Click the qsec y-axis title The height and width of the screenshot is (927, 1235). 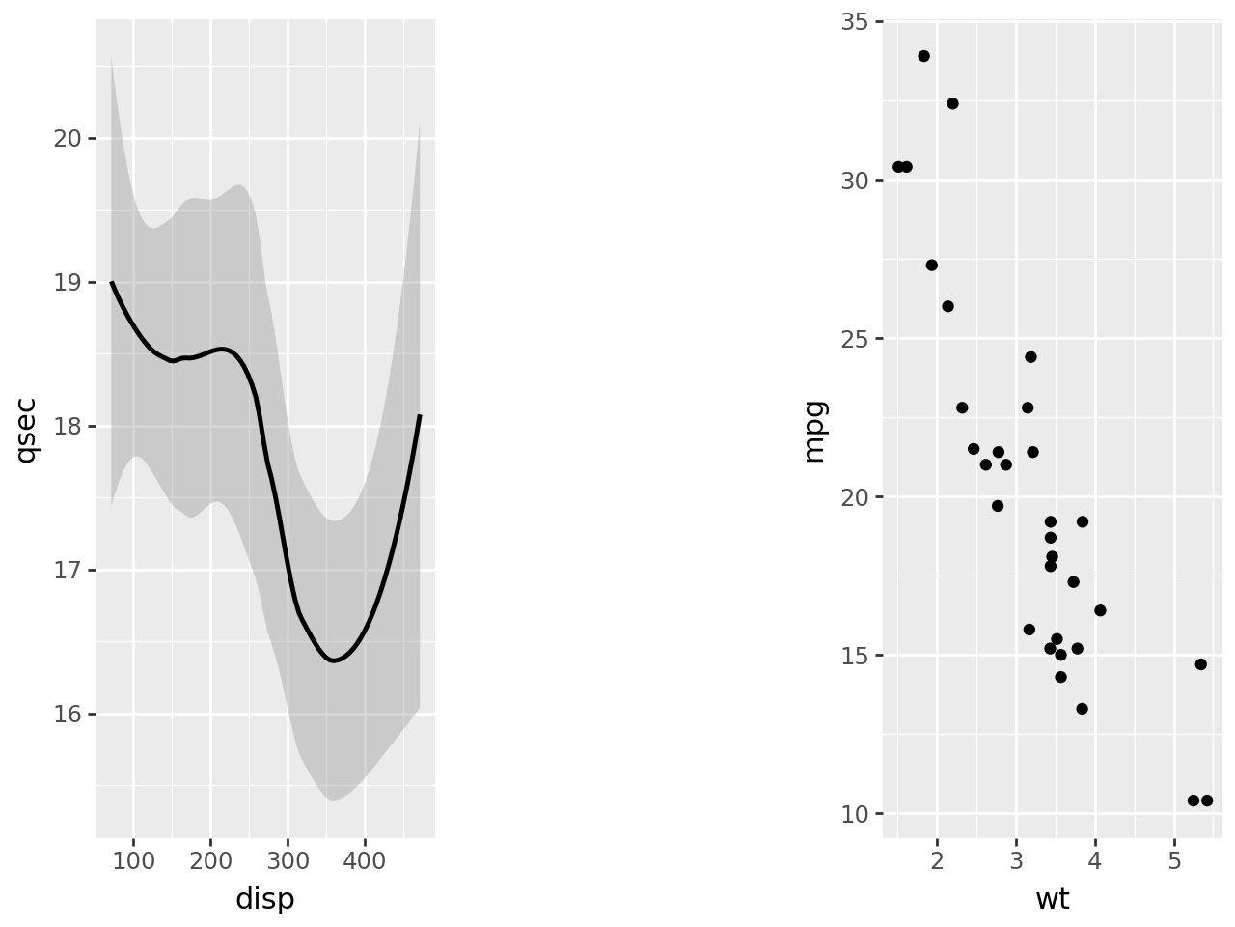[27, 430]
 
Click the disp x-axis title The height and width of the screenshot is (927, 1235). [264, 899]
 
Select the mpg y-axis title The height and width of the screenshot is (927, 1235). [814, 430]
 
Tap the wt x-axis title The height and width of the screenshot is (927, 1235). [1052, 899]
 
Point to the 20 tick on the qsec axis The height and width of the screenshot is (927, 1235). [68, 138]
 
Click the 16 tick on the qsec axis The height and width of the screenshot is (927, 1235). [68, 715]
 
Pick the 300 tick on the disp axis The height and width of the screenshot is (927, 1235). [288, 860]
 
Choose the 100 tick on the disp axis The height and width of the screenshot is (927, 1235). [133, 860]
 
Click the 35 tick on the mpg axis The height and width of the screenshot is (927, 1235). [855, 21]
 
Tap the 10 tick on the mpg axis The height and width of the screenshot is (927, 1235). [855, 814]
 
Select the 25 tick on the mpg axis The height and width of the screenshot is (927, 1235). [855, 339]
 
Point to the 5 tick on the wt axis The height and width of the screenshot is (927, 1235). [1174, 860]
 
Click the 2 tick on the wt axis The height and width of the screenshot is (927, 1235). [937, 860]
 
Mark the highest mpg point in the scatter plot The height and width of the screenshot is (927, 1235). [923, 56]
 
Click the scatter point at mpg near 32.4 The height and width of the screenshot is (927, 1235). [952, 103]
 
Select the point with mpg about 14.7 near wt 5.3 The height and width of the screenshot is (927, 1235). [1200, 664]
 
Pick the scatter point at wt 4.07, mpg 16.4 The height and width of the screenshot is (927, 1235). [1100, 610]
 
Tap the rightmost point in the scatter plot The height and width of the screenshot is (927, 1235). [1207, 801]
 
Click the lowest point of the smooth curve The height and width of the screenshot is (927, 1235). [334, 660]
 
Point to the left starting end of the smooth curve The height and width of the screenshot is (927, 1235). [112, 282]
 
